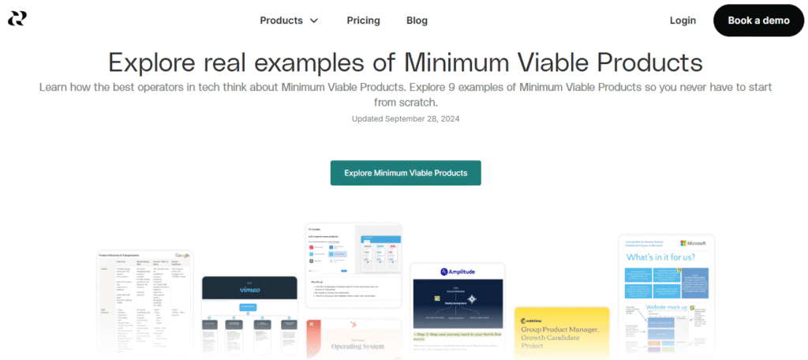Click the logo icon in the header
pos(17,19)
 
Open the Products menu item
pos(281,21)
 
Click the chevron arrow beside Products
pos(314,21)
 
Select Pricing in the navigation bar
pos(363,21)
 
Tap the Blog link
pos(417,21)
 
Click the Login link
pos(683,21)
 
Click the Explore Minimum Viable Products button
pos(406,173)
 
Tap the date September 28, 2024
pos(422,118)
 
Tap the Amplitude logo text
pos(464,271)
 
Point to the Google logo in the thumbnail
pos(182,256)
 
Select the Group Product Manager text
pos(561,330)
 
